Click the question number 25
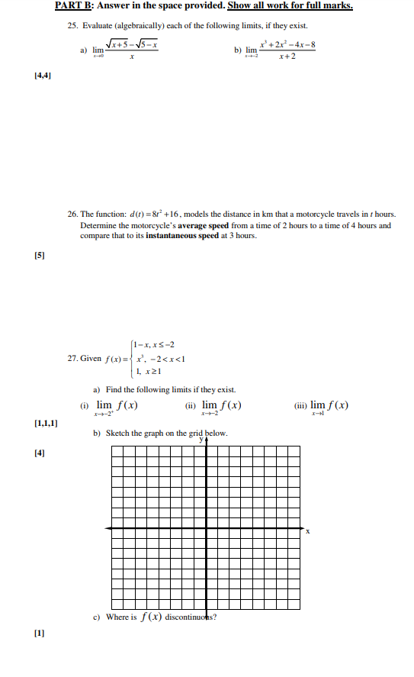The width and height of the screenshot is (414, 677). (x=72, y=26)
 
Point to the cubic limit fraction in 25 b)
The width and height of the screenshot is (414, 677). (x=279, y=51)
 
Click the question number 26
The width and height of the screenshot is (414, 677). (x=72, y=215)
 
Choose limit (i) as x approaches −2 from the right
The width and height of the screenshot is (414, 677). (x=117, y=407)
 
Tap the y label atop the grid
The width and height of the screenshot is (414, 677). (x=202, y=440)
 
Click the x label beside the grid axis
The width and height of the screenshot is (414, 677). (x=308, y=532)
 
